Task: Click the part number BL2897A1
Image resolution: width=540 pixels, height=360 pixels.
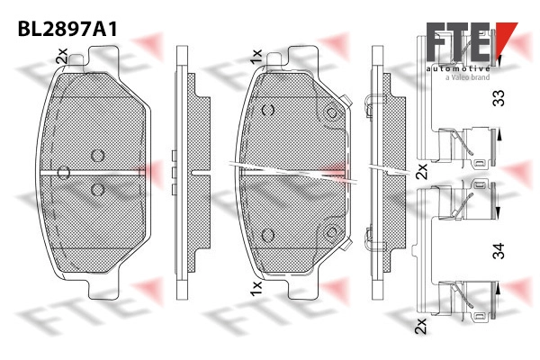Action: [x=67, y=29]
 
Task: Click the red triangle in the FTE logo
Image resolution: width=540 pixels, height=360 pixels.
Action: [x=506, y=37]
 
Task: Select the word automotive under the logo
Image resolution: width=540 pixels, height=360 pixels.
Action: [x=458, y=68]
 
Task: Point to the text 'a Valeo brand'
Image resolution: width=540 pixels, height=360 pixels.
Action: [x=467, y=77]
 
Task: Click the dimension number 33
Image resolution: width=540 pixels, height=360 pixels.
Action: [x=499, y=98]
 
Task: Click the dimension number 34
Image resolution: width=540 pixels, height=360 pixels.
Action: [x=499, y=251]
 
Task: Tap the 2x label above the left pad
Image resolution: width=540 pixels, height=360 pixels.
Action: [x=61, y=56]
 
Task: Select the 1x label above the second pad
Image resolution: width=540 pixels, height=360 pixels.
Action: [x=256, y=57]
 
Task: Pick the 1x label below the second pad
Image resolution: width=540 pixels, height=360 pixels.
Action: [x=256, y=288]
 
